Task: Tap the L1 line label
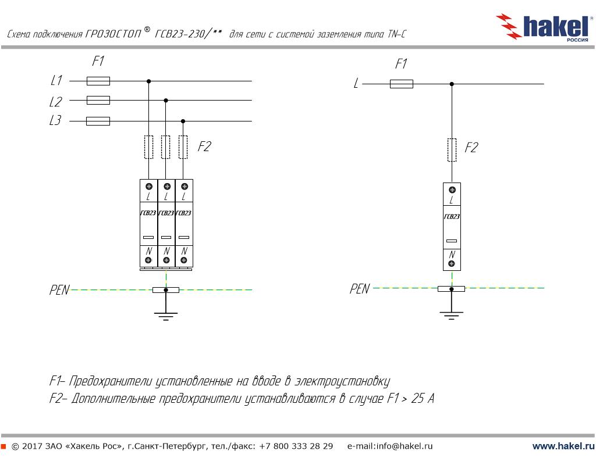tap(56, 81)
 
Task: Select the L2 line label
tap(55, 102)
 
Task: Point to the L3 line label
tap(55, 121)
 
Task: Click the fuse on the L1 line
tap(98, 81)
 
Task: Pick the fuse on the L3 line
tap(98, 121)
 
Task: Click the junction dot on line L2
tap(166, 100)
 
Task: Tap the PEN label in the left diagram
tap(59, 290)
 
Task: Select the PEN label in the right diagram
tap(359, 289)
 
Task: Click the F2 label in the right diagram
tap(471, 148)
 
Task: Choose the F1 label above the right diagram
tap(401, 64)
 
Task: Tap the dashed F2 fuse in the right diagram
tap(452, 149)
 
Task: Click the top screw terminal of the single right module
tap(452, 189)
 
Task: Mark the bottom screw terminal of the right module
tap(452, 264)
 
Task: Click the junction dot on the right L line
tap(452, 84)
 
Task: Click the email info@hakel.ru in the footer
tap(390, 446)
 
